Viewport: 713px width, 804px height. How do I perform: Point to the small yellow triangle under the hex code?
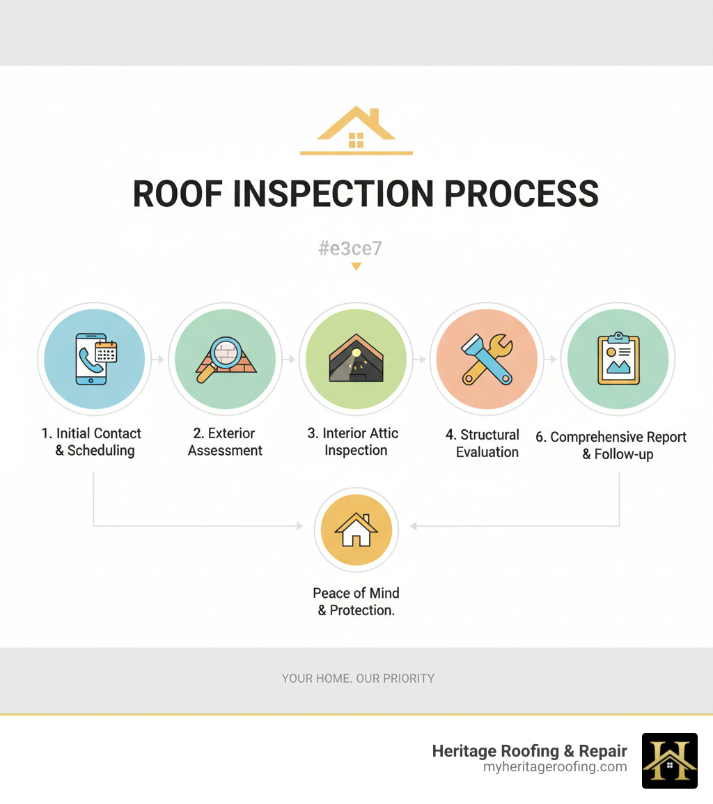[x=356, y=266]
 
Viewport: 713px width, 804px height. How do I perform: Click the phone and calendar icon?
[x=95, y=360]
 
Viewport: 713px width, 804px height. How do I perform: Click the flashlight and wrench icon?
[x=487, y=360]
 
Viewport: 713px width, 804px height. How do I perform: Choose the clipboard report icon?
[x=618, y=360]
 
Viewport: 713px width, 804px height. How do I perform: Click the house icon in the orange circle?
[x=356, y=532]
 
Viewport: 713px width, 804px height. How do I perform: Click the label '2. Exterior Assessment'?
[x=225, y=442]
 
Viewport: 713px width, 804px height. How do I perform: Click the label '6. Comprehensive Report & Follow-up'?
[x=611, y=445]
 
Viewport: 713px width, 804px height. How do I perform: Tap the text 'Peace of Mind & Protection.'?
[x=356, y=601]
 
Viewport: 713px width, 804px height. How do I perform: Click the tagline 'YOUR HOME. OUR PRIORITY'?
[x=358, y=678]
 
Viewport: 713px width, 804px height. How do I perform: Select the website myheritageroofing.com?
[x=555, y=766]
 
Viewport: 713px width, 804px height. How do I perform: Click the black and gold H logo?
[x=669, y=760]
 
